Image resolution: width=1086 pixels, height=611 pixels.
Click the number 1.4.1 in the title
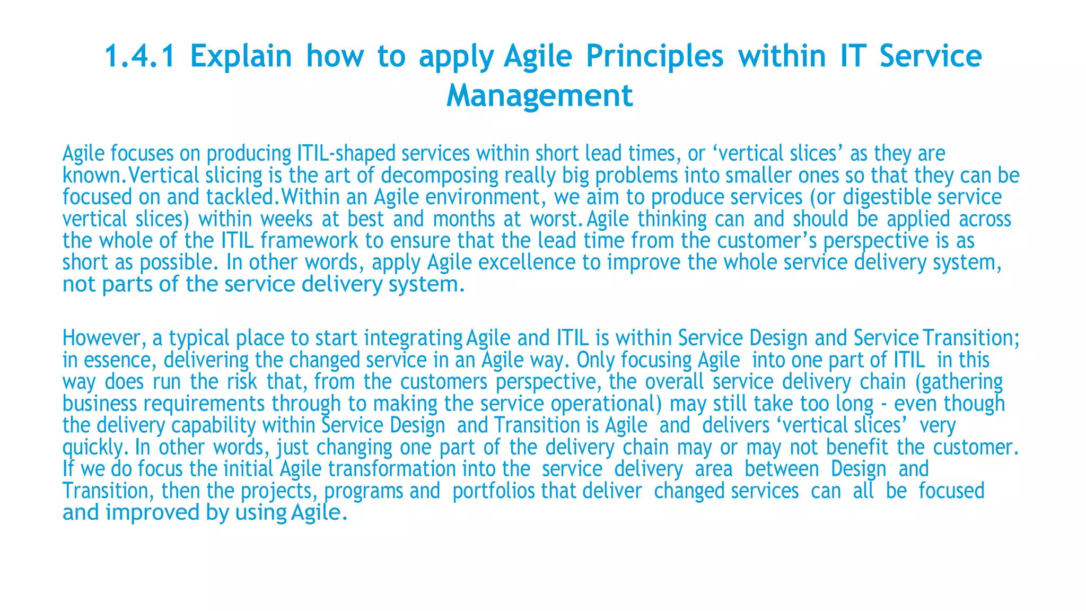(x=139, y=56)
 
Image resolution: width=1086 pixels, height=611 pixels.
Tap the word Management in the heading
(x=539, y=96)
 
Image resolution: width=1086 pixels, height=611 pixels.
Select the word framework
(x=309, y=241)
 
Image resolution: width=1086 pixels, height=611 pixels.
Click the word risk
(x=242, y=382)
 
